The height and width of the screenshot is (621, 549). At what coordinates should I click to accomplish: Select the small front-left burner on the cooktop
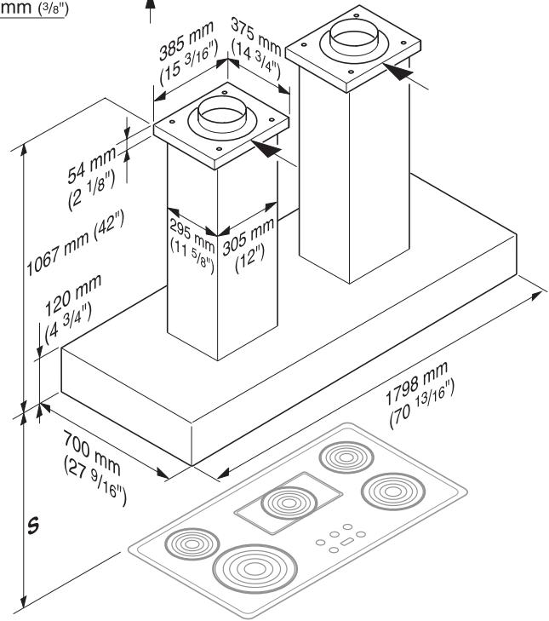point(186,543)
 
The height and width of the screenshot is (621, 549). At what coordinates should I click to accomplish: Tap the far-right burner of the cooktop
point(391,492)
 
